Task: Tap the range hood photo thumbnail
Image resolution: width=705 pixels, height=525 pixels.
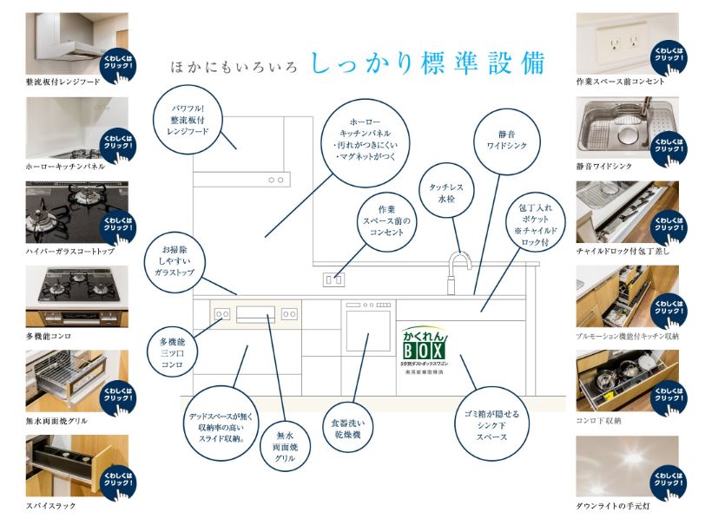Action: [x=77, y=43]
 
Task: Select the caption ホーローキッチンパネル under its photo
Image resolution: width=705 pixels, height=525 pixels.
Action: [x=66, y=166]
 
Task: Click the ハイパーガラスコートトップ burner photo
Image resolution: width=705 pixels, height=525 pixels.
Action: [x=77, y=213]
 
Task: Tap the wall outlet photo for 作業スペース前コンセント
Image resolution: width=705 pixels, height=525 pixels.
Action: [x=627, y=43]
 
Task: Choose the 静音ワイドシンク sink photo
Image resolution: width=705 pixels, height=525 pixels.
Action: [x=627, y=128]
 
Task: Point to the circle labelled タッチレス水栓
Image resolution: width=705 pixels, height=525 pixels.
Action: [x=446, y=194]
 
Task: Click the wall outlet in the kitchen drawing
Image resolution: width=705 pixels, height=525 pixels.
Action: [x=334, y=279]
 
